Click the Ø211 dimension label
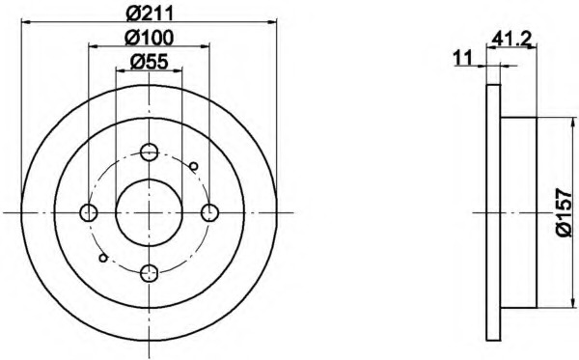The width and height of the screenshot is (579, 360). [x=150, y=14]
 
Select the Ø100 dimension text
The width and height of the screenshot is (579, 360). [x=150, y=38]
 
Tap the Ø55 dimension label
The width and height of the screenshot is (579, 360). [x=150, y=62]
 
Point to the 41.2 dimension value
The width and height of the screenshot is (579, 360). [x=511, y=38]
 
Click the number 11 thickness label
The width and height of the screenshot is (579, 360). [x=462, y=58]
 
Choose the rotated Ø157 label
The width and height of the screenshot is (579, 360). [x=564, y=212]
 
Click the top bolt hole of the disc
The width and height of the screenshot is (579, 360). [x=150, y=152]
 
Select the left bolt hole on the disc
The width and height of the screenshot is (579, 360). [x=89, y=212]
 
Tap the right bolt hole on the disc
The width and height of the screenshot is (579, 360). [x=209, y=212]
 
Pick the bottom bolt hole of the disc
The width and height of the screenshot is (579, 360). [x=150, y=273]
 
